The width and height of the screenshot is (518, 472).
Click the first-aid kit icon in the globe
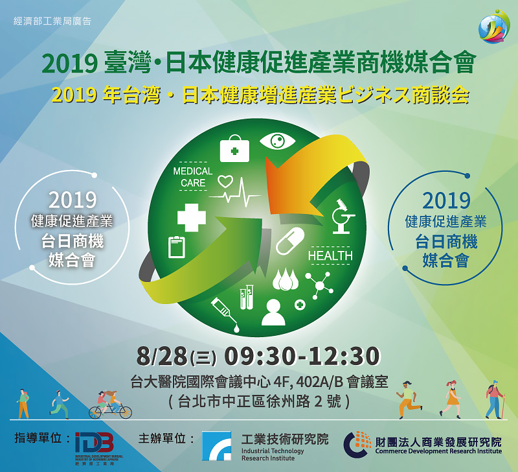tap(234, 148)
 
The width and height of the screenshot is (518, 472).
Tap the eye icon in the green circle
tap(277, 141)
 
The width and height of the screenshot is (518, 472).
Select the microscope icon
tap(343, 217)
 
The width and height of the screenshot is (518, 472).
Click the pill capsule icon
tap(289, 241)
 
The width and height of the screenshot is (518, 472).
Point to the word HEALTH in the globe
tap(330, 255)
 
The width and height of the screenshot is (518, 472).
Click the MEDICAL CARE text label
tap(193, 177)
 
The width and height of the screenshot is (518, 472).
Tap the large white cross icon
tap(192, 218)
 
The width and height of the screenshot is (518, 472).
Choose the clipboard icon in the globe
tap(177, 247)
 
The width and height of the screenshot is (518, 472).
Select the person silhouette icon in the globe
tap(273, 312)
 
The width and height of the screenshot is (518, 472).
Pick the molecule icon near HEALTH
tap(319, 285)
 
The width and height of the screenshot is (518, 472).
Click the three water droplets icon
tap(286, 279)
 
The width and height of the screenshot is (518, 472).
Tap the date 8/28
tap(162, 356)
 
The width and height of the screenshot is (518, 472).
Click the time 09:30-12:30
tap(302, 356)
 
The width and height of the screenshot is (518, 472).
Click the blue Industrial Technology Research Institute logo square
tap(217, 445)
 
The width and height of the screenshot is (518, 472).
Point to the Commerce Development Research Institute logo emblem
tap(357, 444)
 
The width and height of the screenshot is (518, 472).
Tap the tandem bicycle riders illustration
tap(110, 405)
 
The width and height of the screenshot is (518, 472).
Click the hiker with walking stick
tap(495, 399)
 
